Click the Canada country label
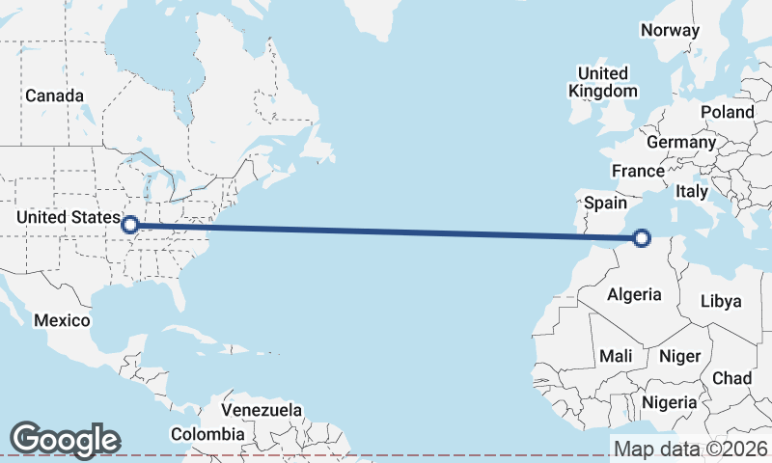coord(54,95)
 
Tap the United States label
coord(68,218)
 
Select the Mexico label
coord(62,320)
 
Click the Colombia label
coord(207,434)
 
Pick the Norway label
coord(670,30)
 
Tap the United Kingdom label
coord(603,82)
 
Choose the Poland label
coord(728,112)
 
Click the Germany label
coord(681,142)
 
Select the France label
coord(638,171)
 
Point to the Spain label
coord(606,204)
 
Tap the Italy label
coord(692,191)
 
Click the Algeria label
coord(634,294)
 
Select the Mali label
coord(616,356)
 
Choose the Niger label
coord(679,356)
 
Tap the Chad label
coord(731,378)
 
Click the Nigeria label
coord(669,401)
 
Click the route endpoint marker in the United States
coord(130,226)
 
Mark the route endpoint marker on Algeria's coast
coord(643,237)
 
